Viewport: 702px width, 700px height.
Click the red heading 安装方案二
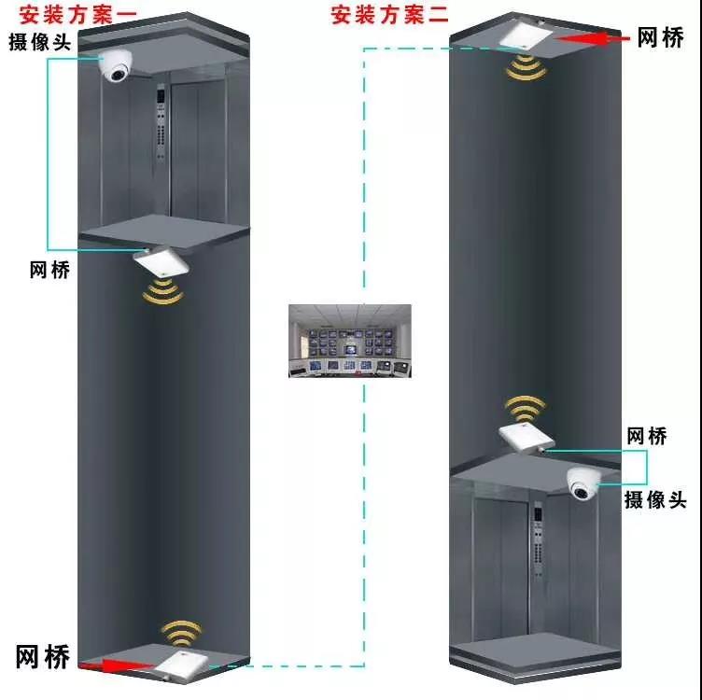(x=388, y=14)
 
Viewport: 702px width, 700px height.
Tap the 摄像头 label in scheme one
(x=40, y=42)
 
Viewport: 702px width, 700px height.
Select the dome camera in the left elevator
(x=119, y=66)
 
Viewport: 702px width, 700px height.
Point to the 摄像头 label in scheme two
(x=655, y=499)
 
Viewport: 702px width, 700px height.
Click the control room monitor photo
(x=350, y=341)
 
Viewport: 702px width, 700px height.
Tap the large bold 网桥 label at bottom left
(x=43, y=656)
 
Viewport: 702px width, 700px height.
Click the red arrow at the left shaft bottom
(x=116, y=665)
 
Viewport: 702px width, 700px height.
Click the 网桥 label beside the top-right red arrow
(x=665, y=38)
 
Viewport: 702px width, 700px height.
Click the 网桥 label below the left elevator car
(x=49, y=270)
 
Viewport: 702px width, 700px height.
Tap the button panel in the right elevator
(x=537, y=541)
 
